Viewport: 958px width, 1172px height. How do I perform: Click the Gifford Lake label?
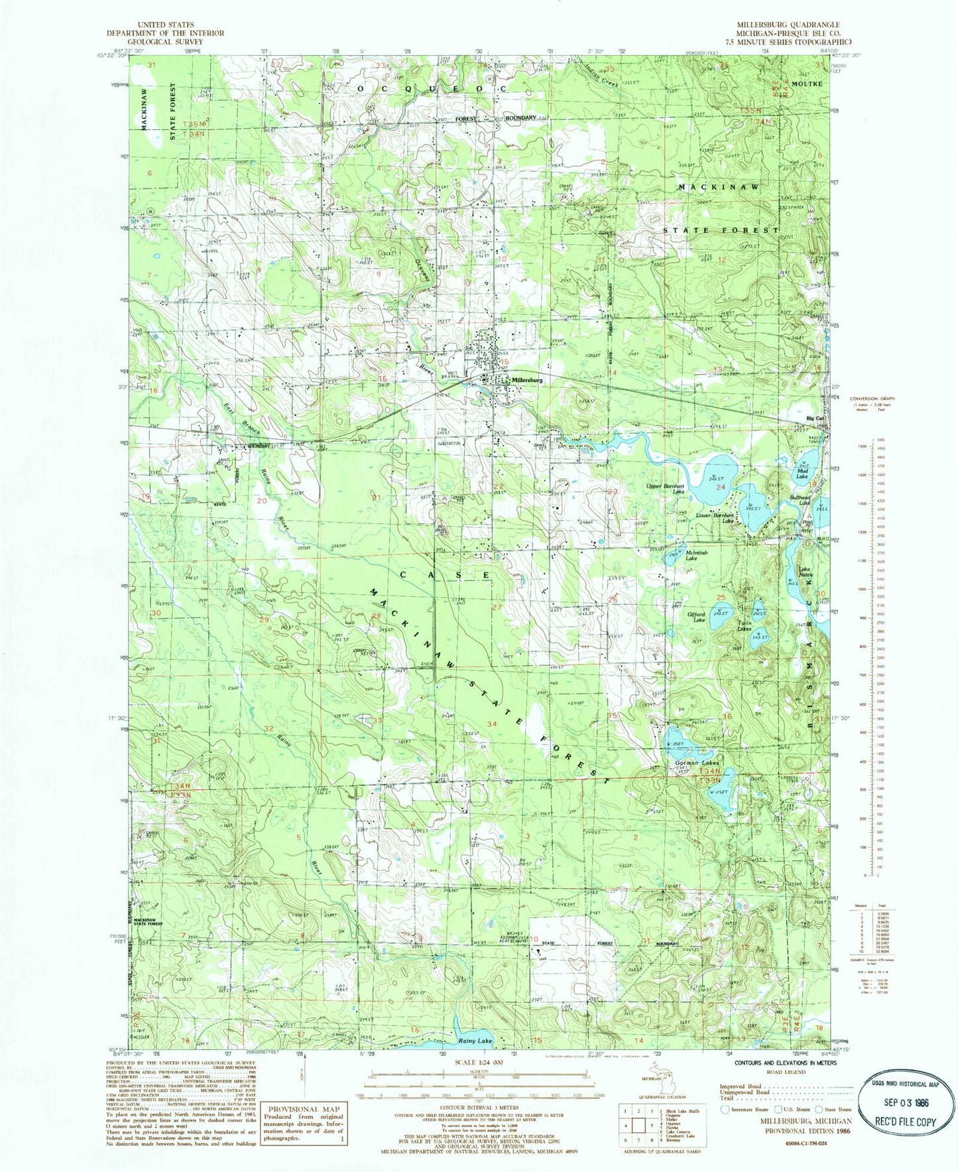695,617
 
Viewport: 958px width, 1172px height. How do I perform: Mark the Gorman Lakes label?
696,763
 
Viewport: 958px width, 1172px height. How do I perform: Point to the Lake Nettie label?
804,572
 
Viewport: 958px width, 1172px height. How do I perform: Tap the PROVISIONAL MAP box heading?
304,1108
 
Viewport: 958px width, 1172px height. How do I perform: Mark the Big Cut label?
815,419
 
